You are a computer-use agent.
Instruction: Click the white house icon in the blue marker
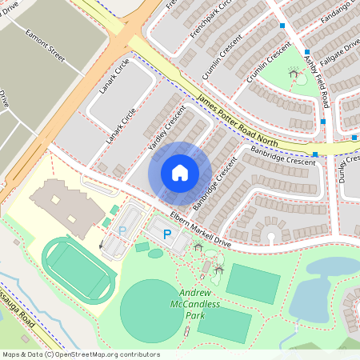pyautogui.click(x=180, y=173)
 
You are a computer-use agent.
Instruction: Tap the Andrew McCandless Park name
pyautogui.click(x=190, y=304)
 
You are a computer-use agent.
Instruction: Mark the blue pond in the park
pyautogui.click(x=320, y=288)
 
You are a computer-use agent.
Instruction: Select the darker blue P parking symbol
pyautogui.click(x=166, y=234)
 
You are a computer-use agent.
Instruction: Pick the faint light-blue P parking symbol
pyautogui.click(x=122, y=230)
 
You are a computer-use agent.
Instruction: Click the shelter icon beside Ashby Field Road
pyautogui.click(x=294, y=74)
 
